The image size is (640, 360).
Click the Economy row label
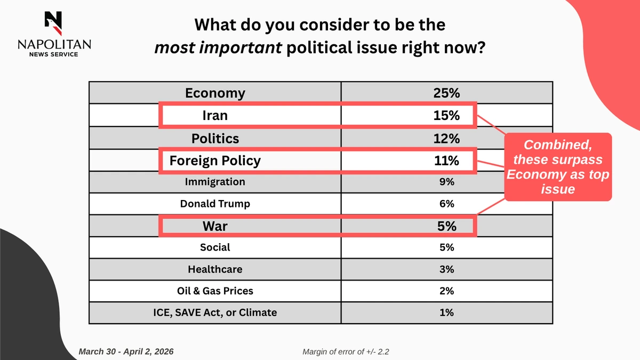point(215,93)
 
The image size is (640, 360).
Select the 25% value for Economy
point(446,93)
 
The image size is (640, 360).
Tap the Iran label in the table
point(215,115)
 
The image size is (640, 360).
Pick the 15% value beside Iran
point(446,115)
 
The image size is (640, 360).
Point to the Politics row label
point(215,139)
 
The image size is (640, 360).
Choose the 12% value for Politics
point(446,139)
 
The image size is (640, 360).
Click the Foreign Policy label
point(215,161)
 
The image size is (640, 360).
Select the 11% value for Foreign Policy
point(446,161)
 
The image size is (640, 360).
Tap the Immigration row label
point(215,182)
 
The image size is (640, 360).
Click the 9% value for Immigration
point(446,182)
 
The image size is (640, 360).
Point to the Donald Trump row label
point(215,204)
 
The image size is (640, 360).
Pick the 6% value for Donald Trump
point(446,204)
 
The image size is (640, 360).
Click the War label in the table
point(215,226)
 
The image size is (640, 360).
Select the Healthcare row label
point(215,269)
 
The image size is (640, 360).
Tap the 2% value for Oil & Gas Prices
point(446,291)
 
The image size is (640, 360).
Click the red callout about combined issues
point(557,167)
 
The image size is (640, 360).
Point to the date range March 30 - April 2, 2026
point(126,352)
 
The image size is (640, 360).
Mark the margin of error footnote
point(350,352)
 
